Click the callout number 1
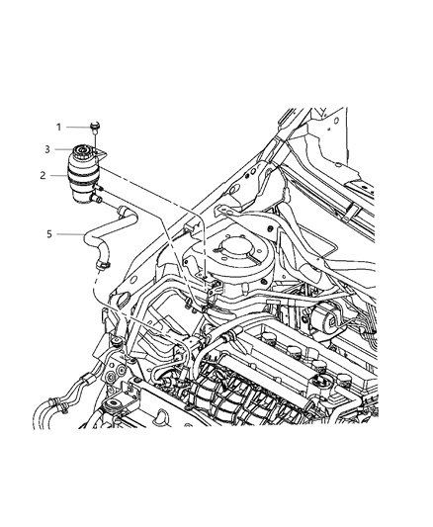tap(57, 127)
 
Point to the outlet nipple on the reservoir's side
tap(99, 201)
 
